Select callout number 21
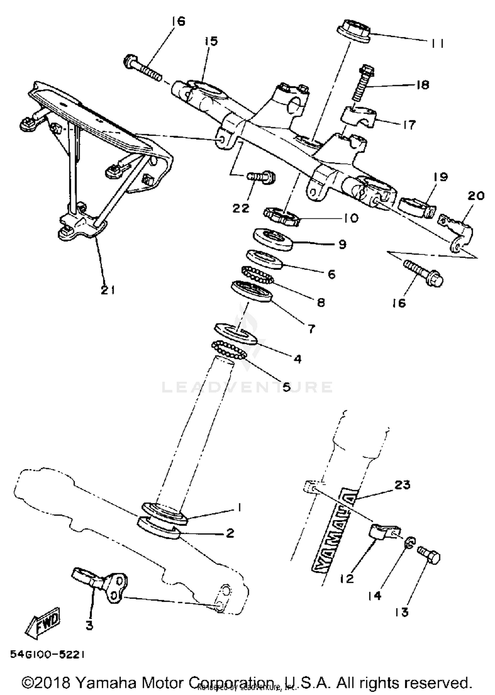pos(108,290)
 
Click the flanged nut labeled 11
pos(353,30)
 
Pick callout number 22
pos(241,209)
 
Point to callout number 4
pos(297,358)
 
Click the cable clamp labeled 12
pos(383,532)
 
